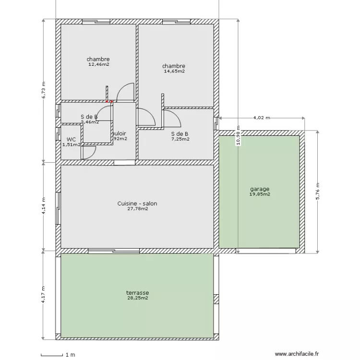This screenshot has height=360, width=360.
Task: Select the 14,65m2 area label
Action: (174, 71)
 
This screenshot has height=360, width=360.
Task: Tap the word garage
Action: (260, 189)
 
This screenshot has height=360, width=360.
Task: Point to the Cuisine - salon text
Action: (137, 204)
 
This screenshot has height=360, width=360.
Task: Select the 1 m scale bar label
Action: (71, 355)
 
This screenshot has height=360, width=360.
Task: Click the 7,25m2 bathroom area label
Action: (180, 139)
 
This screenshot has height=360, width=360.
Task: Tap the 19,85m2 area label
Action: (260, 194)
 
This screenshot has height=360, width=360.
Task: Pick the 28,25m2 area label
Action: (137, 298)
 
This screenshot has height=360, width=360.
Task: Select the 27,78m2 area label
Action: (137, 209)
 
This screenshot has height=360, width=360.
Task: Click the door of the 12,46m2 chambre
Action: (126, 92)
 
